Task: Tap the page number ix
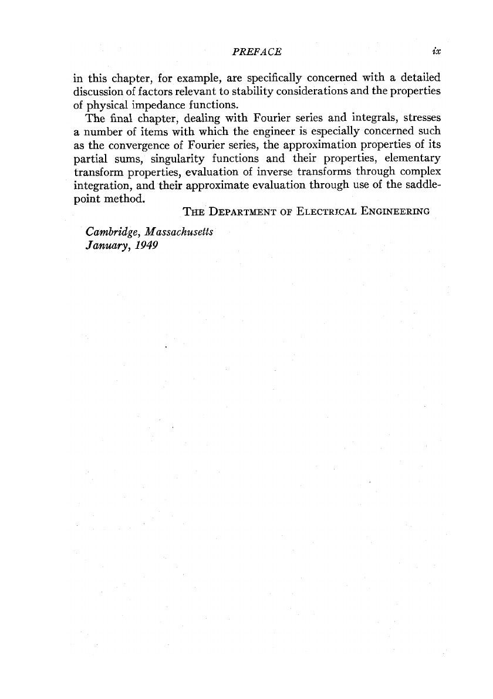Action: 436,52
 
